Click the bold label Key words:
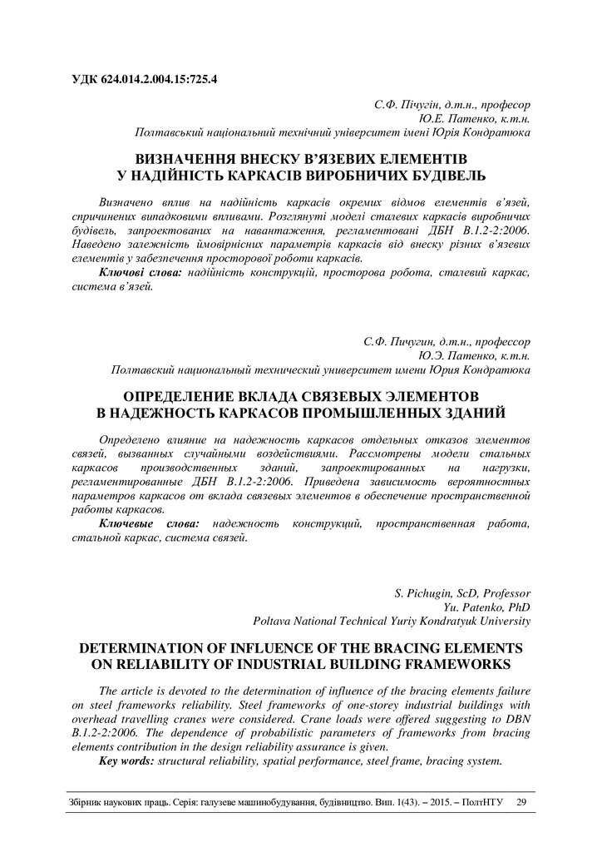[126, 760]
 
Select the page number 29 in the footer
[521, 803]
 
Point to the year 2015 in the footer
[437, 803]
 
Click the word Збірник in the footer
[85, 803]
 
